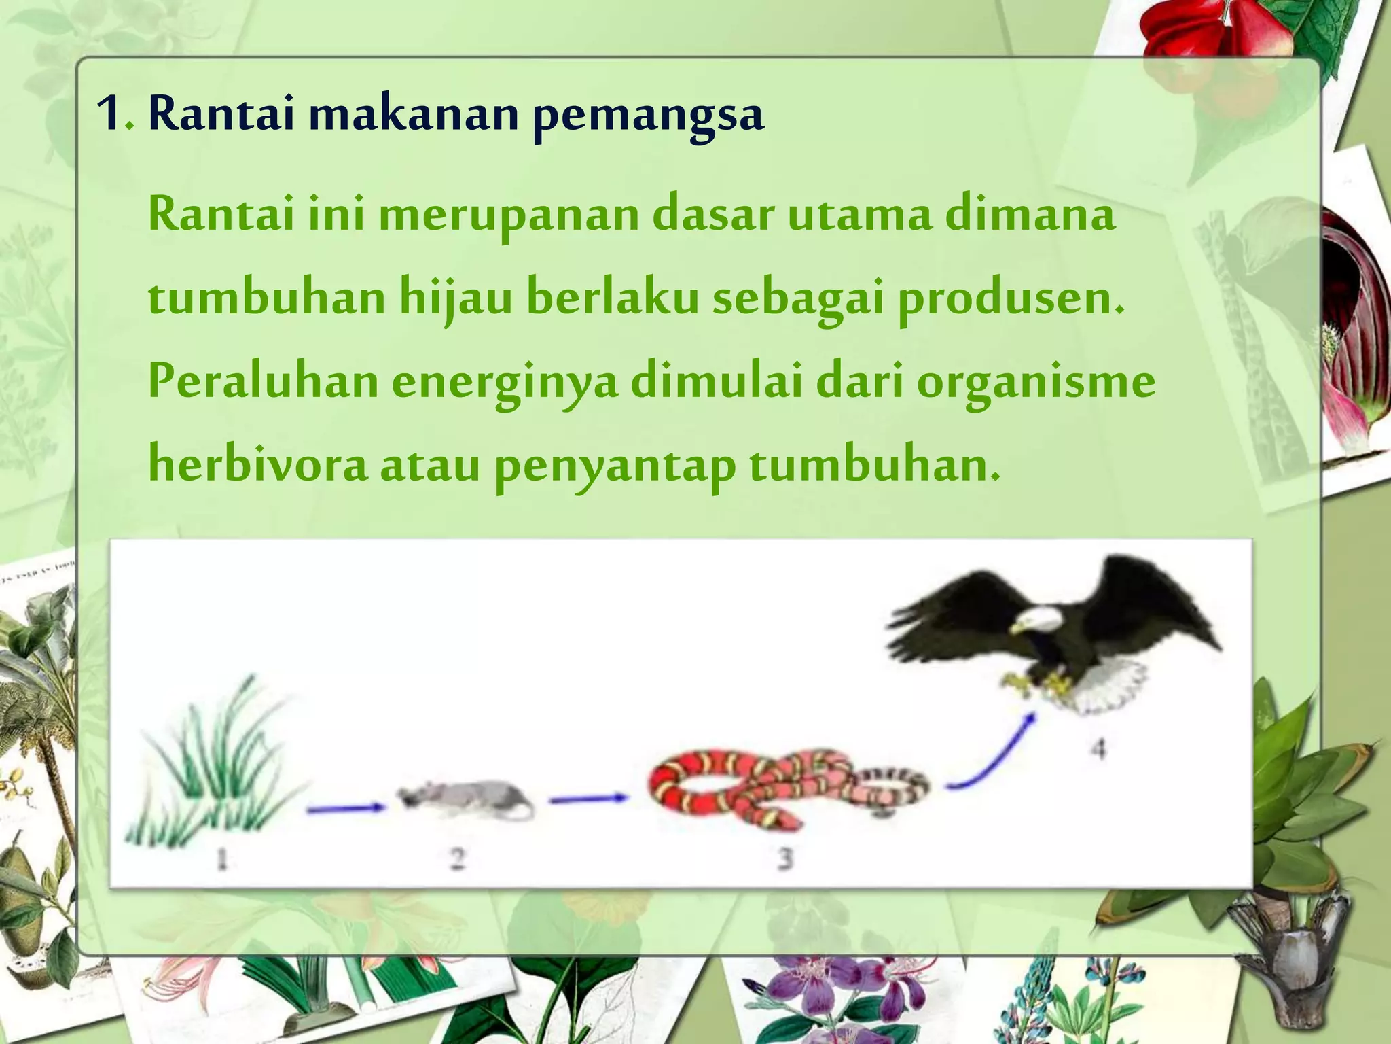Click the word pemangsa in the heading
click(648, 116)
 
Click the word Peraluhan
click(263, 381)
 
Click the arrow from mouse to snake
click(588, 800)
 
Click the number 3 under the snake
click(784, 859)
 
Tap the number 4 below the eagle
click(1098, 749)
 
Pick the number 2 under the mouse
click(457, 860)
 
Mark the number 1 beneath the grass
click(221, 860)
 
